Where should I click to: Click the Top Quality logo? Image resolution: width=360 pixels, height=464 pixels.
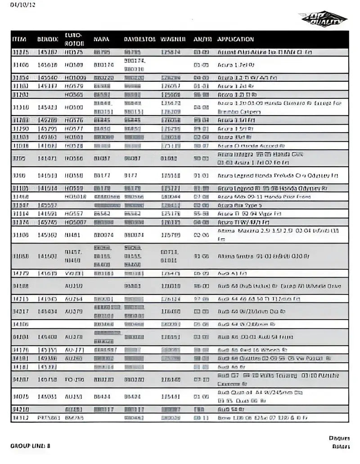(x=323, y=19)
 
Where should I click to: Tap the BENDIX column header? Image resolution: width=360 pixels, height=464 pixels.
(x=47, y=39)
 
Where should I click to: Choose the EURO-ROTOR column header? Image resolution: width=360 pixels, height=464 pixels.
(x=72, y=39)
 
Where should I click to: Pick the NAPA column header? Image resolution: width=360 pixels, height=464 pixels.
(x=102, y=39)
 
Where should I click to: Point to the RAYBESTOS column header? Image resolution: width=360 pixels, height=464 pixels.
(x=140, y=39)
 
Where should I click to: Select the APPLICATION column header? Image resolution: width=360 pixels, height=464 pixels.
(x=236, y=39)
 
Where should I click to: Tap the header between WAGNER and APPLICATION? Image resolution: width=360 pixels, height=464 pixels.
(x=201, y=39)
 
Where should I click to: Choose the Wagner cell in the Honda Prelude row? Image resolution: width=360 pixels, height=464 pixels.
(x=171, y=175)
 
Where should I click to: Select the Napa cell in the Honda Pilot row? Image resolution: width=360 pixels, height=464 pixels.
(x=107, y=196)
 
